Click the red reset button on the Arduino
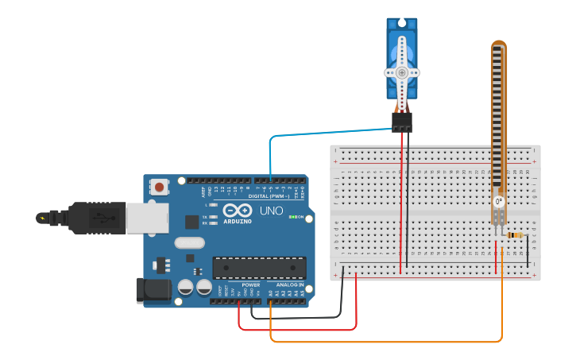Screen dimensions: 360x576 pyautogui.click(x=160, y=188)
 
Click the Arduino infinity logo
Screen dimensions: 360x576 pyautogui.click(x=237, y=211)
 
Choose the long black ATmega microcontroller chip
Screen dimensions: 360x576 pyautogui.click(x=259, y=268)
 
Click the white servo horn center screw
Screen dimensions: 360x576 pyautogui.click(x=402, y=72)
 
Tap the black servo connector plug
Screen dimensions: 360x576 pyautogui.click(x=402, y=122)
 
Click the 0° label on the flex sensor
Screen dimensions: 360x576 pyautogui.click(x=499, y=202)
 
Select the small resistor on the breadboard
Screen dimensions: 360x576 pyautogui.click(x=516, y=235)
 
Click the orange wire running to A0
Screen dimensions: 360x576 pyautogui.click(x=381, y=342)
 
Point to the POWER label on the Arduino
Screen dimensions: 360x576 pyautogui.click(x=251, y=285)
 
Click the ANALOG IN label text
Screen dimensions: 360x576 pyautogui.click(x=290, y=285)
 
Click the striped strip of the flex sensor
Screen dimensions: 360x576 pyautogui.click(x=498, y=119)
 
